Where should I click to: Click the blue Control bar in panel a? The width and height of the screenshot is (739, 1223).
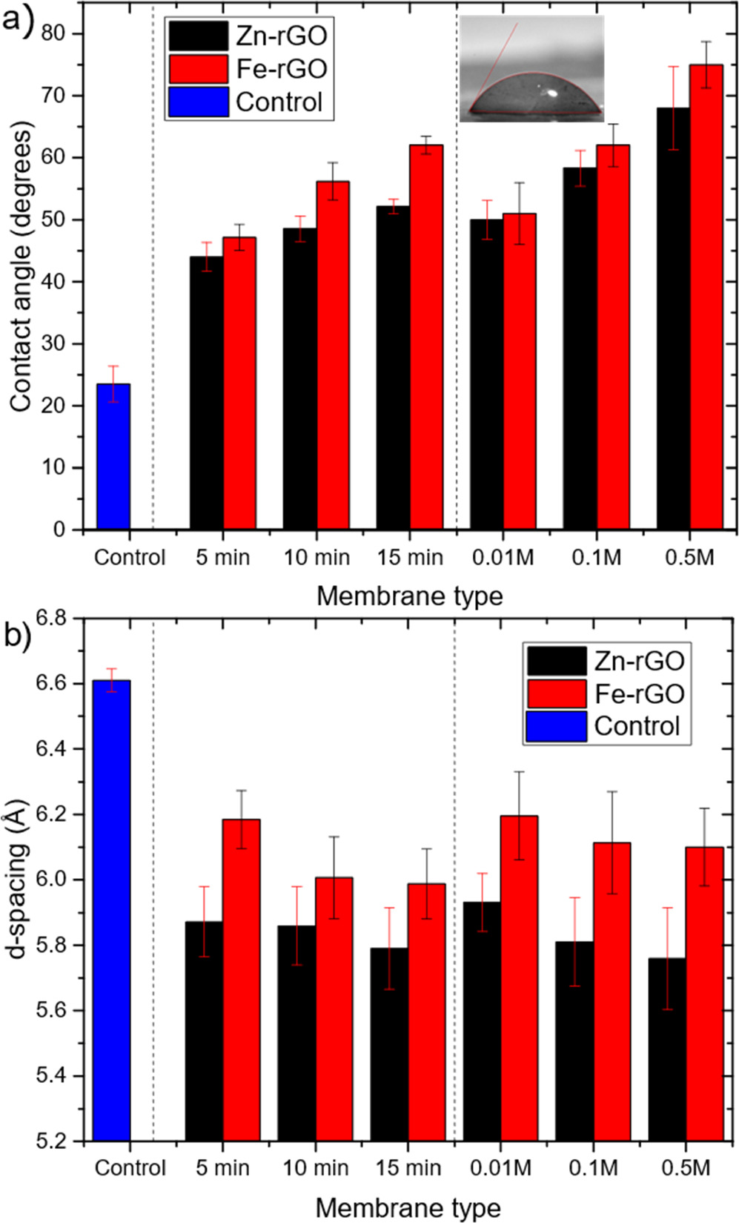tap(113, 456)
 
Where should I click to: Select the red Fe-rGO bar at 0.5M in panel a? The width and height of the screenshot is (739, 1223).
tap(706, 297)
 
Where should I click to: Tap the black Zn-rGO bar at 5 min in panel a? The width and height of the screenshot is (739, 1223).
tap(206, 393)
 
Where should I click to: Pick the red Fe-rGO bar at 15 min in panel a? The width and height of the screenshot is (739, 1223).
tap(426, 337)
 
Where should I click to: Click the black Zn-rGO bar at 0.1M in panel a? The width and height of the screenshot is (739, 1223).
tap(579, 349)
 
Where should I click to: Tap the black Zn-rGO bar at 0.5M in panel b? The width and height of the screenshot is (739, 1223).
tap(667, 1049)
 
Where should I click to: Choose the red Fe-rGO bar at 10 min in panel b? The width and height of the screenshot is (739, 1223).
tap(334, 1009)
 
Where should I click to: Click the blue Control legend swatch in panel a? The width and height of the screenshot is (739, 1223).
tap(198, 102)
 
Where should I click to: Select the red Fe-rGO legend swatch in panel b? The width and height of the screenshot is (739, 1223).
tap(556, 693)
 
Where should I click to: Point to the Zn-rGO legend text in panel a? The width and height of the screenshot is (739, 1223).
tap(282, 36)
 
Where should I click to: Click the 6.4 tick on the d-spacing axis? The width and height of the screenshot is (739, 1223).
tap(51, 748)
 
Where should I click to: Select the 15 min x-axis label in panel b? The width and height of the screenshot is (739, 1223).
tap(408, 1167)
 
